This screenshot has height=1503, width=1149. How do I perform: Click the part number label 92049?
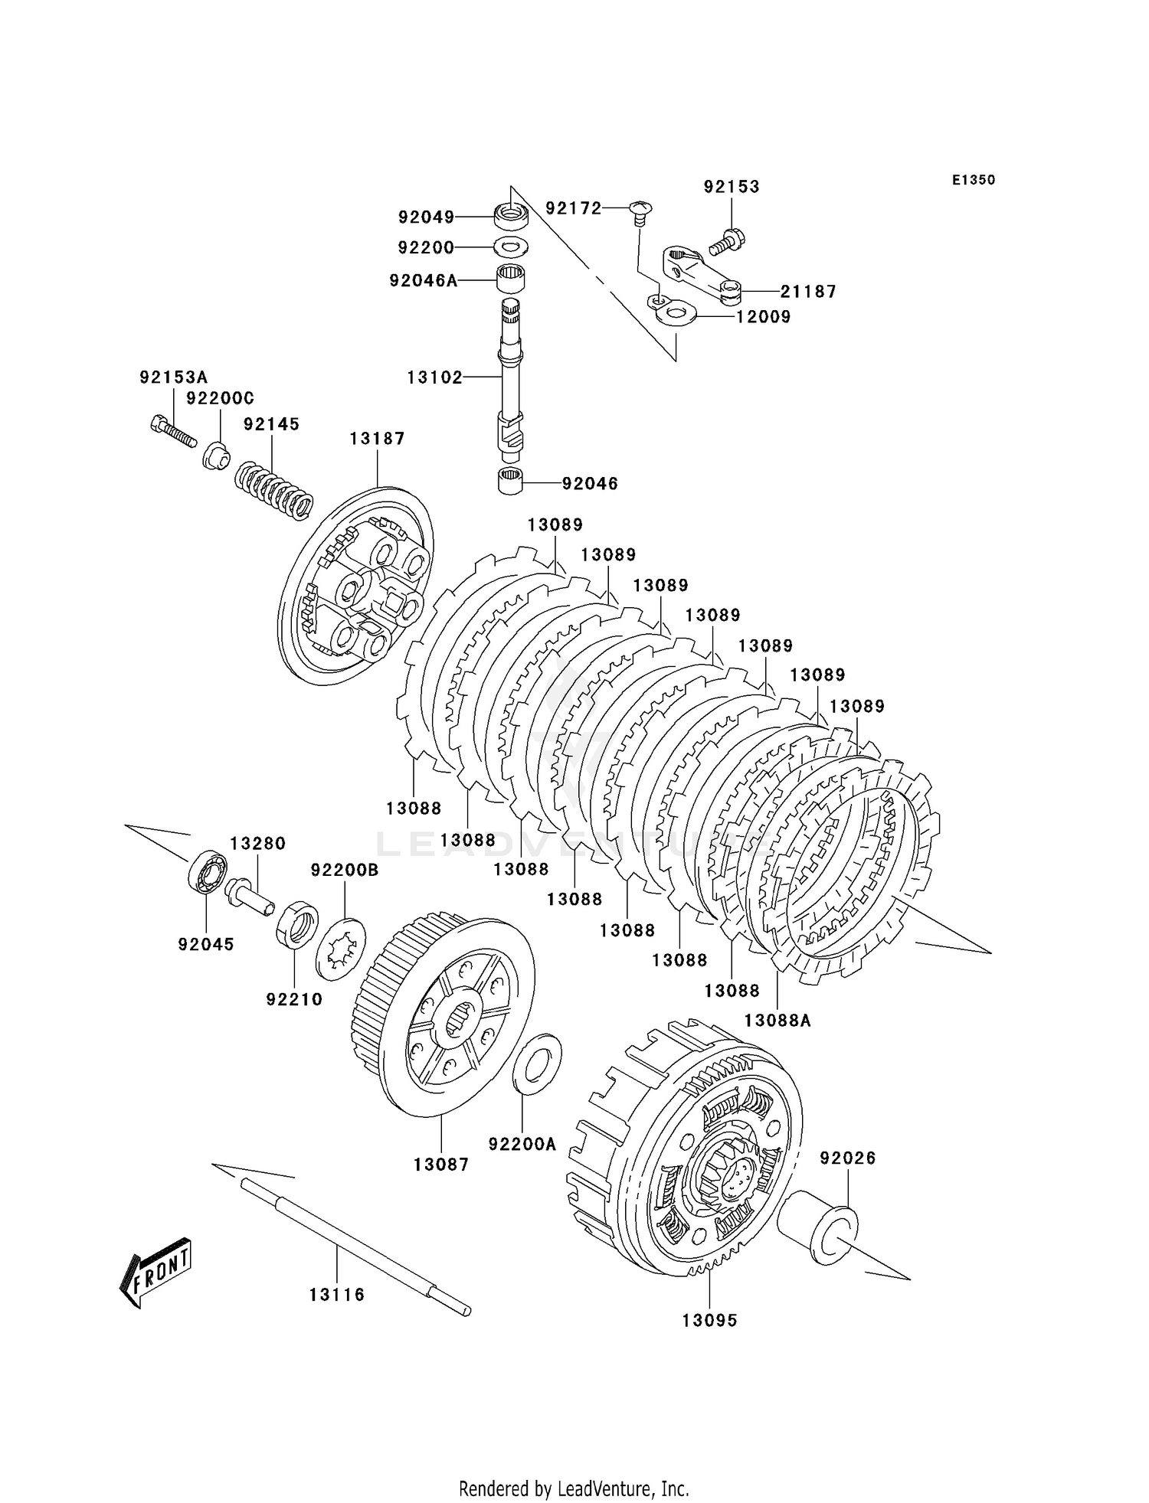pos(426,217)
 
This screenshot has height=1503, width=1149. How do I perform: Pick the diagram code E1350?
pos(974,181)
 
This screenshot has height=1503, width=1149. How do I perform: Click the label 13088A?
pos(777,1021)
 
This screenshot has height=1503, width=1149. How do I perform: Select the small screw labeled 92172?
pos(639,210)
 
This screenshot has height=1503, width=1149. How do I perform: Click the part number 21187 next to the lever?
pos(808,292)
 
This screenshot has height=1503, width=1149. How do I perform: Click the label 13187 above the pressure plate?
pos(377,439)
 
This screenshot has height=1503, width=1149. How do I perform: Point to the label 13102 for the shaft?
pos(434,377)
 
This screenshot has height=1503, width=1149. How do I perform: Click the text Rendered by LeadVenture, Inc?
pos(574,1488)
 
